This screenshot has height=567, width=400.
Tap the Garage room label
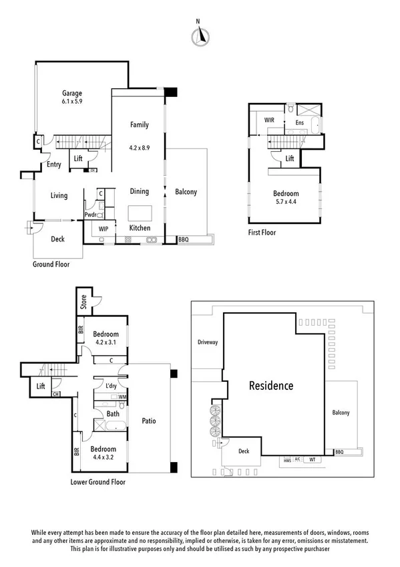(x=72, y=93)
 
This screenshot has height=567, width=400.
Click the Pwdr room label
(x=90, y=215)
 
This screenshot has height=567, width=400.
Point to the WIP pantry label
(x=104, y=229)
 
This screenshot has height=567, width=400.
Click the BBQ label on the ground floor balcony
(x=184, y=239)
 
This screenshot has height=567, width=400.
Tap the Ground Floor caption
(x=51, y=264)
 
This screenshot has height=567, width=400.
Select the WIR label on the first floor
(x=270, y=120)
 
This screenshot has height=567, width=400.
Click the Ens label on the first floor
(x=300, y=122)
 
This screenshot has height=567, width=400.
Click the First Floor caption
(x=262, y=233)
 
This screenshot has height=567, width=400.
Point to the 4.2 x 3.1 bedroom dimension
(x=106, y=344)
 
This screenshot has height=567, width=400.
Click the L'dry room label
(x=112, y=386)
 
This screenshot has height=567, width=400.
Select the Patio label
(x=149, y=421)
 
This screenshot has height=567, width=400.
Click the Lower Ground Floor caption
(x=97, y=481)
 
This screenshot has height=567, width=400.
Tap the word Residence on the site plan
(x=271, y=386)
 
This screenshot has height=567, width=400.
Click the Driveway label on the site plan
(x=208, y=342)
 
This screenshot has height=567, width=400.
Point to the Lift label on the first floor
(x=289, y=158)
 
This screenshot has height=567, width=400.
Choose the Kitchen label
(x=140, y=228)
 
